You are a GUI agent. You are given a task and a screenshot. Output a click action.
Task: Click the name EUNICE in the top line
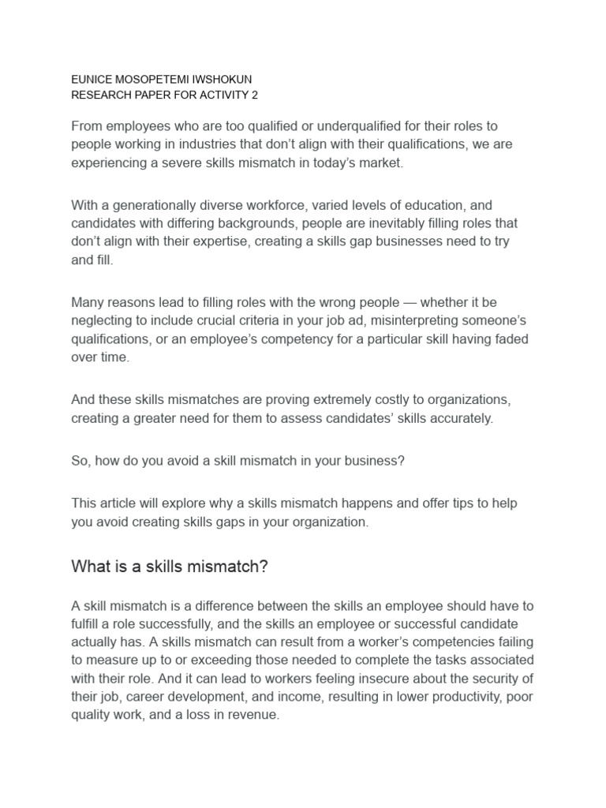tap(92, 80)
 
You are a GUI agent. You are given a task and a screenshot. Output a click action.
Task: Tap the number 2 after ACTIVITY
tap(254, 95)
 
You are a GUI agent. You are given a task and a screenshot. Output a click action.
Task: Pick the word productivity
tap(465, 697)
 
